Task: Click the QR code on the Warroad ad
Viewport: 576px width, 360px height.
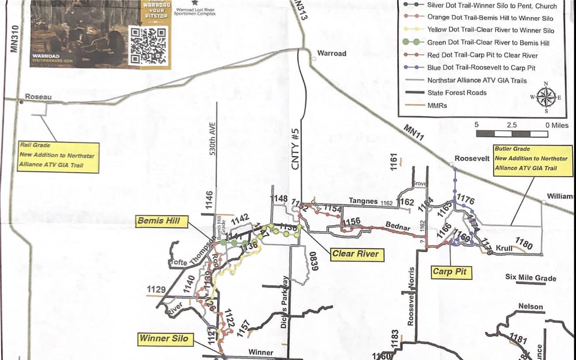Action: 148,45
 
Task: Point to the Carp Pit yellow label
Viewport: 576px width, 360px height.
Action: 449,272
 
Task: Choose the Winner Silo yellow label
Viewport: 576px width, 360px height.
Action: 165,339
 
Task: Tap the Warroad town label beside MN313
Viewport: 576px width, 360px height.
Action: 332,53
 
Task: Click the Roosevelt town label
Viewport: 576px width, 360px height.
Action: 472,158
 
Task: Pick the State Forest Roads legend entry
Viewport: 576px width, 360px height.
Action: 456,93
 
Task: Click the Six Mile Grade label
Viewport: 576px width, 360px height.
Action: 531,277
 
